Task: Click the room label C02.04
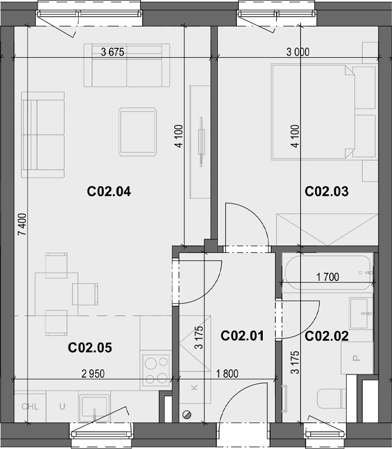(109, 192)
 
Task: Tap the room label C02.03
(327, 192)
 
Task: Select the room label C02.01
(243, 336)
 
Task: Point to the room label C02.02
(327, 336)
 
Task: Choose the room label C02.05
(90, 348)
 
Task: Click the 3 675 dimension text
(113, 52)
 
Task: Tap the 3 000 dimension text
(298, 52)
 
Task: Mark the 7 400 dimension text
(22, 224)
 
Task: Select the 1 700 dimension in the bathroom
(327, 277)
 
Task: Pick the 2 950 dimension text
(93, 374)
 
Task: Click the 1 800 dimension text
(227, 374)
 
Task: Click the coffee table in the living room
(138, 132)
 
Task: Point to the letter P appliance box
(357, 358)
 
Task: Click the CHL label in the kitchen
(30, 407)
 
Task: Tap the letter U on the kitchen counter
(62, 407)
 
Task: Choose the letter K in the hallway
(194, 387)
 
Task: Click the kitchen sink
(94, 408)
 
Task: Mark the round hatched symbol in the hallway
(186, 414)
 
